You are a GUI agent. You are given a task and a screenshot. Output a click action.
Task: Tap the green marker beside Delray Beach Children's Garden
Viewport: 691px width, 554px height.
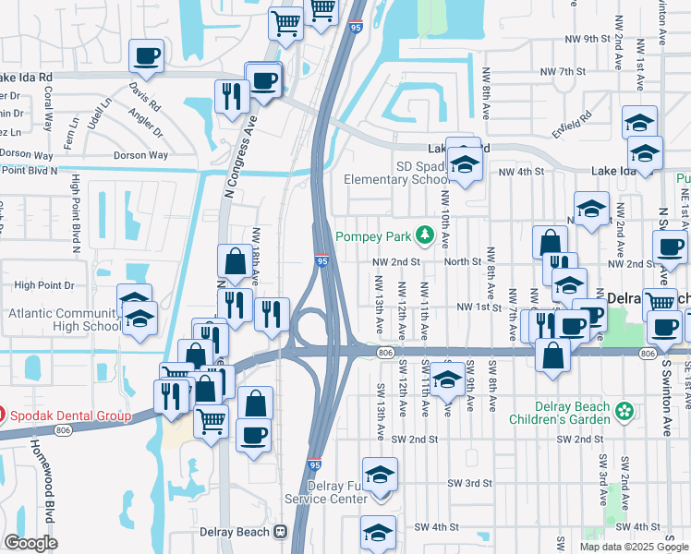(625, 410)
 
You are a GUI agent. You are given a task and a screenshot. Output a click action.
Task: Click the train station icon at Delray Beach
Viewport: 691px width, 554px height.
(279, 532)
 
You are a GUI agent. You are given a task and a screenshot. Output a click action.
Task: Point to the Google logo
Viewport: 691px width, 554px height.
(30, 543)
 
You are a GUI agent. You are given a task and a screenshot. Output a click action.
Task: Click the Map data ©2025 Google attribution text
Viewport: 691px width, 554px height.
(635, 547)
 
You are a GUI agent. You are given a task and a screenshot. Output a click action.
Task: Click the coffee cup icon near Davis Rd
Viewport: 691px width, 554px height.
(147, 56)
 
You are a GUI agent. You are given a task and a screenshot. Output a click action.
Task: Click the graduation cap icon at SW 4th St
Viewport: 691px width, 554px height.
(377, 533)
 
